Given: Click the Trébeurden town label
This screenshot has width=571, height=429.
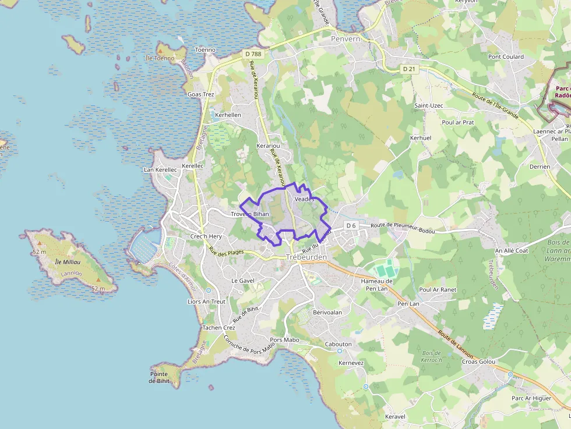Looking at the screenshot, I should coord(306,257).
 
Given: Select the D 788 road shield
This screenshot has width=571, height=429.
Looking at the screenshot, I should coord(253,54).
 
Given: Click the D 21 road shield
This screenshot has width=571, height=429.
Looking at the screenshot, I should coord(410,69).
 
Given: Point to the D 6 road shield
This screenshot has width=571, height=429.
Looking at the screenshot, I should coord(351,225).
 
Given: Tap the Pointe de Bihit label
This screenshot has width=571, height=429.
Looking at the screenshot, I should coord(158,377).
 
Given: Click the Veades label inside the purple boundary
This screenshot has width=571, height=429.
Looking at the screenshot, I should coord(304,199).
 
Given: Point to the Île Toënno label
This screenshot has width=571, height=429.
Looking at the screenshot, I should coord(160,58).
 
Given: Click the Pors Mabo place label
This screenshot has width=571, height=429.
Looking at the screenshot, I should coord(284,339).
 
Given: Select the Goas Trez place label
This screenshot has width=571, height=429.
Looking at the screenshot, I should coord(200,94).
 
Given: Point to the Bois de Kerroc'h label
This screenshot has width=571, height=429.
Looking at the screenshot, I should coord(432,356).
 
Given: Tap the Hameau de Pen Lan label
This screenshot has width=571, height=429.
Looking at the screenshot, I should coord(377,285).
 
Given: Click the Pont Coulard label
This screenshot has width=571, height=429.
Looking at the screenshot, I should coord(506,57).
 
